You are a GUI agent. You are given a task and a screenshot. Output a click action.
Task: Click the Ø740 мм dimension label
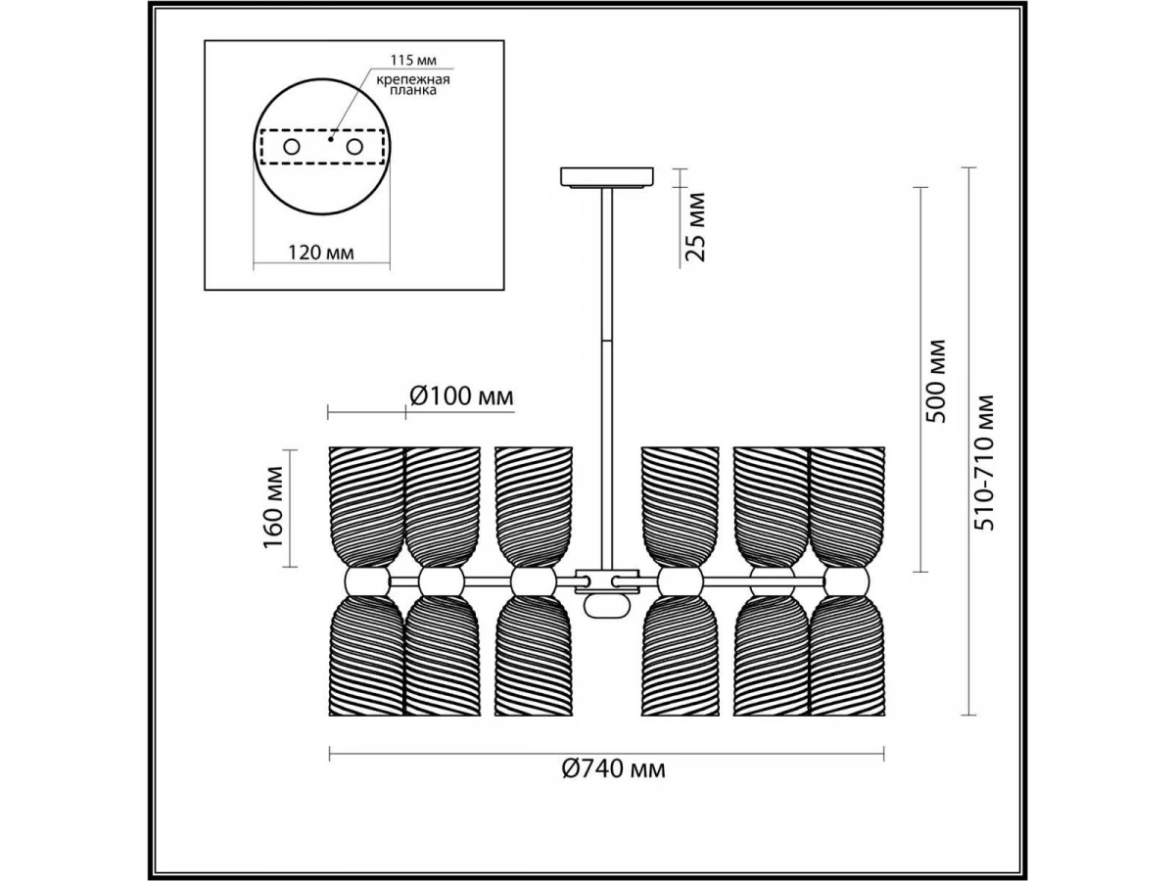614,769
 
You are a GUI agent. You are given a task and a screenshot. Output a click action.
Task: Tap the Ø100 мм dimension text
461,396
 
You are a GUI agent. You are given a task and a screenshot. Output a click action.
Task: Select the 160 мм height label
273,508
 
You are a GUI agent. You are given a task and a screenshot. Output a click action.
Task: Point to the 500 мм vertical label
936,381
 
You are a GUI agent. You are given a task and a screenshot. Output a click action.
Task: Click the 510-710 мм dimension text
983,463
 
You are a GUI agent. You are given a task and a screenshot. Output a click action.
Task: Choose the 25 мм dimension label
695,227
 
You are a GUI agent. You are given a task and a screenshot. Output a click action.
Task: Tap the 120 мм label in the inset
321,252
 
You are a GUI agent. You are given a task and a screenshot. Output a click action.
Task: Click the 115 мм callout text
413,60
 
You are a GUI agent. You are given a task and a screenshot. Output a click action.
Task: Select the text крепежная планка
412,85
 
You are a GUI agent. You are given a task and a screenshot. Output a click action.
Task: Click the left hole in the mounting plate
292,147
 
